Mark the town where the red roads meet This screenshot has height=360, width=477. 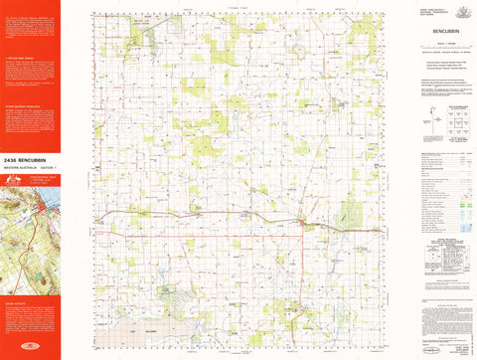303,222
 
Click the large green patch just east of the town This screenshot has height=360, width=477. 348,211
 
